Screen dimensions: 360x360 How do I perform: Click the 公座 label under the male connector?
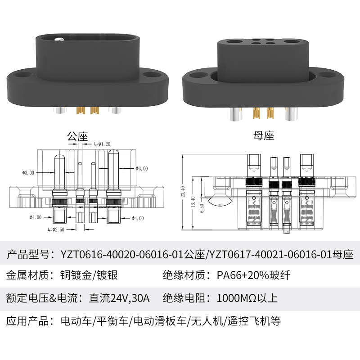[x=77, y=136]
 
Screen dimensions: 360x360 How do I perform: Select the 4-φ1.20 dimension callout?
[x=102, y=144]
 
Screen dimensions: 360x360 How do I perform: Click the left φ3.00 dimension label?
[x=28, y=172]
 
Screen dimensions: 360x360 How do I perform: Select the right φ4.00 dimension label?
[x=137, y=218]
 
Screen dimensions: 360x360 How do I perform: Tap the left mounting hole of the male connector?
[x=21, y=75]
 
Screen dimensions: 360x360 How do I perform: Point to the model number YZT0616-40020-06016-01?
[x=121, y=254]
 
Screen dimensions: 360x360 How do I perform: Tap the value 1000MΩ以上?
[x=247, y=298]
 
